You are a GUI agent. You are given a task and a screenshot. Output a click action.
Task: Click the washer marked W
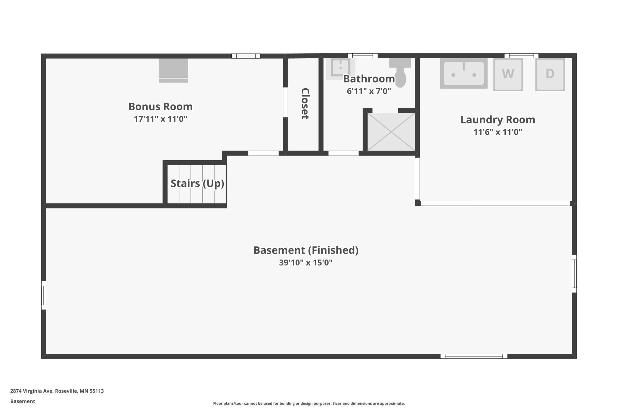point(508,75)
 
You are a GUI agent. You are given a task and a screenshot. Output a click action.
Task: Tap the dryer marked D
point(550,75)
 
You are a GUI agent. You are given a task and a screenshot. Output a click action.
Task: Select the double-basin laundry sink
point(464,73)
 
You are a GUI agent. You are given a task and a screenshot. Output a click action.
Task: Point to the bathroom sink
point(340,69)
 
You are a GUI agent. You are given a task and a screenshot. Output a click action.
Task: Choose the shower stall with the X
point(391,132)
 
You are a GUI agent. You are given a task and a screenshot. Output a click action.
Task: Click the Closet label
point(305,104)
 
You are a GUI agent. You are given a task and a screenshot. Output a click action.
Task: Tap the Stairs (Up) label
point(197,183)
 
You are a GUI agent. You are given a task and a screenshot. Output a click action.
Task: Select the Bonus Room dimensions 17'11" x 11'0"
point(160,119)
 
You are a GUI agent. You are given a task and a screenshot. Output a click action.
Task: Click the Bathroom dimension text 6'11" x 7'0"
point(369,91)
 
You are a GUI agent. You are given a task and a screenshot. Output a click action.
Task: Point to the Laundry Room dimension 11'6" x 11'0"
point(498,132)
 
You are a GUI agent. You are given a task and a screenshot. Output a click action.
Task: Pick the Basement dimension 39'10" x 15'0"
point(306,263)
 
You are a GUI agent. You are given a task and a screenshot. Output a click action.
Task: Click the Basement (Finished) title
point(306,250)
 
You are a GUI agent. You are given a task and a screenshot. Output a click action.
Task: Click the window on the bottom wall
point(474,356)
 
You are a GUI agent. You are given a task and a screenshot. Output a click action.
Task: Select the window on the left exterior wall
point(44,295)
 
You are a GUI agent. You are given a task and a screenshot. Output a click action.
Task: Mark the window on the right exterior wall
point(574,274)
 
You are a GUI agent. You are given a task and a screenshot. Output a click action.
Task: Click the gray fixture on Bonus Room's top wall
point(174,70)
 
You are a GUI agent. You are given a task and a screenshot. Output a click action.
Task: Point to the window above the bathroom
point(362,56)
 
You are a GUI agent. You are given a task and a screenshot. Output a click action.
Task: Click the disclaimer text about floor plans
point(309,403)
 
